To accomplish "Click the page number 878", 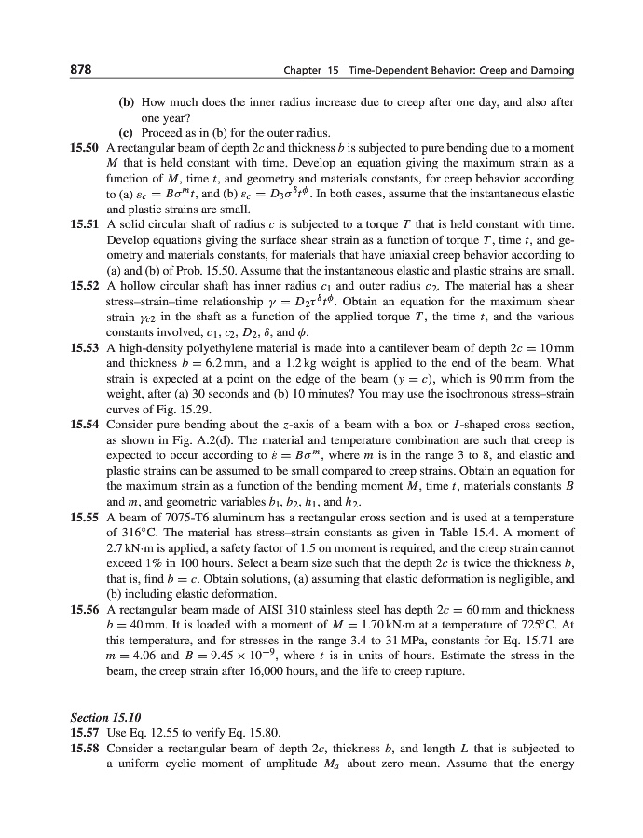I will tap(80, 71).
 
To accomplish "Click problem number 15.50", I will tap(87, 147).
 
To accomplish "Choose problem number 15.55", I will tap(87, 515).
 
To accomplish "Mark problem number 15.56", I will tap(87, 607).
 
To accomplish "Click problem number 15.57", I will tap(87, 733).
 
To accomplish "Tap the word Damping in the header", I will tap(552, 71).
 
